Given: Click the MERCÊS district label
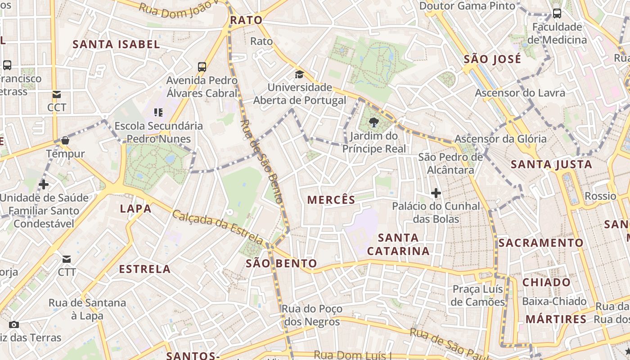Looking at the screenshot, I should click(x=331, y=200).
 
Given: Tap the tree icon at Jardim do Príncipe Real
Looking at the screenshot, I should click(x=373, y=122).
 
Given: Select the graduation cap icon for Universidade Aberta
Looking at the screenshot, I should click(x=299, y=74).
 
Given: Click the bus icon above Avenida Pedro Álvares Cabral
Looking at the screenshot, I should click(x=202, y=67).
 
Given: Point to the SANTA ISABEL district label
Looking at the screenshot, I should click(x=116, y=44).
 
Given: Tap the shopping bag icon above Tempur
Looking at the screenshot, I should click(x=65, y=140).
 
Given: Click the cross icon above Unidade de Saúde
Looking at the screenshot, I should click(x=44, y=184).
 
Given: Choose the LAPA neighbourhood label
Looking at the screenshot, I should click(x=135, y=208).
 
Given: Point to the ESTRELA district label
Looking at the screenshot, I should click(x=144, y=269).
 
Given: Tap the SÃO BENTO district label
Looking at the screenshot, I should click(x=281, y=263).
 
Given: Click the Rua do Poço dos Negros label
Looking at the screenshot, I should click(x=312, y=315).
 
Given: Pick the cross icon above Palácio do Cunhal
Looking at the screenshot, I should click(x=436, y=193).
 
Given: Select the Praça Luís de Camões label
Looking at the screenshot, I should click(x=478, y=295).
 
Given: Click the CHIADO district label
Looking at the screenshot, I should click(x=546, y=283).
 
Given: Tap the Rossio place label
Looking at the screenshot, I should click(x=600, y=196).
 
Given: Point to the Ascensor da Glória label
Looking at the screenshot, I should click(x=500, y=139).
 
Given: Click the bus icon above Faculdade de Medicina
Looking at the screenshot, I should click(x=557, y=13).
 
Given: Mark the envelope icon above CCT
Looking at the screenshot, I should click(x=57, y=94).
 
